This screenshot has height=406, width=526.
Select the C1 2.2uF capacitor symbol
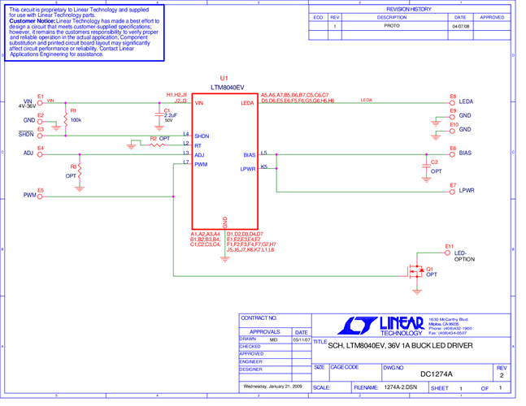[x=158, y=116]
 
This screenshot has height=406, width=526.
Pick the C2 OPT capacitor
[x=423, y=166]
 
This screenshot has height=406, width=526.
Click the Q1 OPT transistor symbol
[x=417, y=270]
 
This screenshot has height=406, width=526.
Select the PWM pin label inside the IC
[x=201, y=163]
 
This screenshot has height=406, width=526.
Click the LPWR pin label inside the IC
[x=247, y=168]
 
